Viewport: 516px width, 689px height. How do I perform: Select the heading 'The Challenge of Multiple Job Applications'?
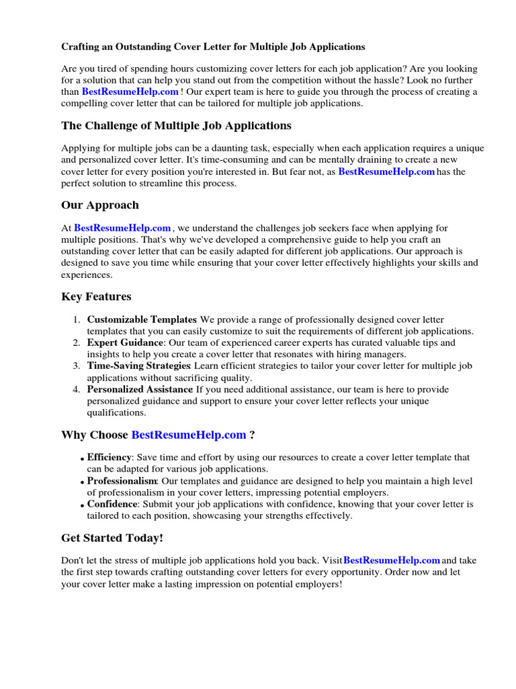click(x=176, y=126)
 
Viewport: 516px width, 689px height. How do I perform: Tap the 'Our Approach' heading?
click(x=99, y=205)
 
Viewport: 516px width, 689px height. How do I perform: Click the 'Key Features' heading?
click(x=96, y=297)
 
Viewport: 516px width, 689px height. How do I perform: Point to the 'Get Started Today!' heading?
click(x=112, y=538)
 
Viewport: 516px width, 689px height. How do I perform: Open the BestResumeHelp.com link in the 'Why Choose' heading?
click(x=189, y=435)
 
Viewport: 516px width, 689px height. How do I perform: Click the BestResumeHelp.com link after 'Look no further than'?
click(x=130, y=92)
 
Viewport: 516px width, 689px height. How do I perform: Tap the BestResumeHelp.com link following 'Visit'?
click(x=392, y=560)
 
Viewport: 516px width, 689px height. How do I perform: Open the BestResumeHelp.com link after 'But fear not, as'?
click(x=386, y=172)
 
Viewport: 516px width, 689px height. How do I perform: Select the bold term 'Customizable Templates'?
click(x=142, y=320)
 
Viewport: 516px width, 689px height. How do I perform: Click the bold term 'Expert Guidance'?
click(x=125, y=343)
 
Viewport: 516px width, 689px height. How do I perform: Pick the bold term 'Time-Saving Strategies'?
click(x=138, y=366)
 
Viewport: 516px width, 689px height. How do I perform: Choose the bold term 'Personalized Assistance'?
click(x=140, y=390)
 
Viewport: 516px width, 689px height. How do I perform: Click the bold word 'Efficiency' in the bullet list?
click(x=109, y=458)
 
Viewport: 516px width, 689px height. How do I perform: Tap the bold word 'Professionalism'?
click(x=122, y=481)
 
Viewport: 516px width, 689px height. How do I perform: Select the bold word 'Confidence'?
click(x=112, y=504)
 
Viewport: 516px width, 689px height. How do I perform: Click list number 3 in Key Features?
click(x=77, y=366)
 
